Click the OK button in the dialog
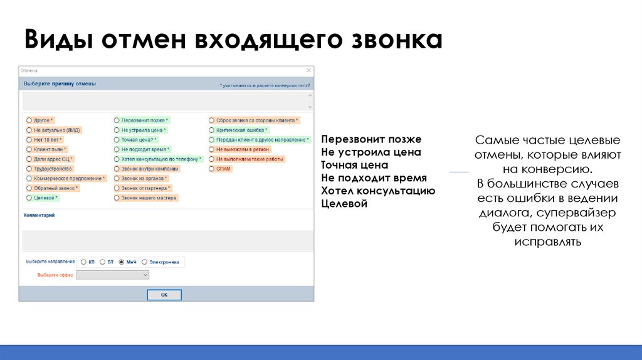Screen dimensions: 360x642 pyautogui.click(x=164, y=294)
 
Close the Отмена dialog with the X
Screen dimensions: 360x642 pyautogui.click(x=308, y=71)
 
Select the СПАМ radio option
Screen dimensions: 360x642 pyautogui.click(x=211, y=169)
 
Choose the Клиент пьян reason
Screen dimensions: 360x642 pyautogui.click(x=29, y=149)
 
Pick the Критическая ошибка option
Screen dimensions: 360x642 pyautogui.click(x=211, y=130)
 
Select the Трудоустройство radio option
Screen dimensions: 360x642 pyautogui.click(x=29, y=169)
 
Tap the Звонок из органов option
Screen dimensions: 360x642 pyautogui.click(x=117, y=178)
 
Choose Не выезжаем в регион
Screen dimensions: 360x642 pyautogui.click(x=211, y=149)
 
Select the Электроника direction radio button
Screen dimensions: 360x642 pyautogui.click(x=145, y=262)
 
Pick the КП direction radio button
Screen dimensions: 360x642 pyautogui.click(x=82, y=262)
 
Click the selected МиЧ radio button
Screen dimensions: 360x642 pyautogui.click(x=122, y=262)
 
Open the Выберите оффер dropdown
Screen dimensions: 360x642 pyautogui.click(x=112, y=275)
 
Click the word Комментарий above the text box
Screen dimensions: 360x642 pyautogui.click(x=39, y=215)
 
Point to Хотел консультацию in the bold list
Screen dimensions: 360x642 pyautogui.click(x=377, y=191)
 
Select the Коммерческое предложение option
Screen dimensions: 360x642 pyautogui.click(x=29, y=178)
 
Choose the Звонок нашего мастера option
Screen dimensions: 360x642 pyautogui.click(x=117, y=198)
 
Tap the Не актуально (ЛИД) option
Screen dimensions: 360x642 pyautogui.click(x=29, y=130)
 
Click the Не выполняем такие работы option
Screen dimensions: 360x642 pyautogui.click(x=211, y=159)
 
